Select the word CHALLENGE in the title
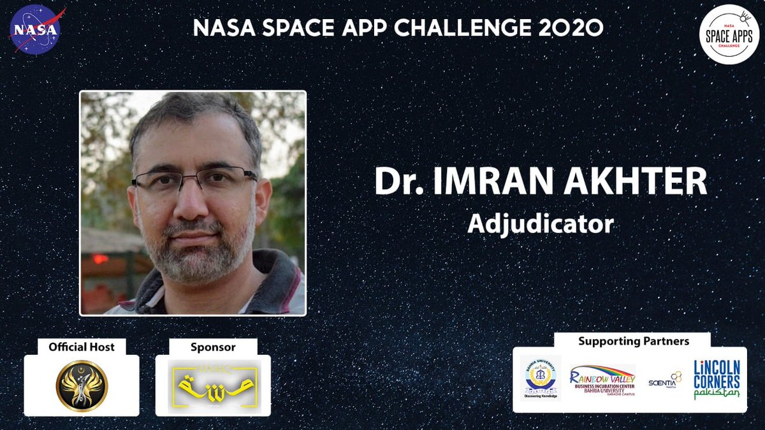click(x=474, y=29)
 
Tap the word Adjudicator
click(x=540, y=224)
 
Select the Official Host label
click(x=81, y=347)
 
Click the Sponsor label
click(x=213, y=347)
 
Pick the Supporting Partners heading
click(x=633, y=341)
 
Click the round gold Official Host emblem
click(x=82, y=386)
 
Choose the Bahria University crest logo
click(x=541, y=377)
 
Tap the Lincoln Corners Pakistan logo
click(x=717, y=380)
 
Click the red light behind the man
click(x=100, y=259)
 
